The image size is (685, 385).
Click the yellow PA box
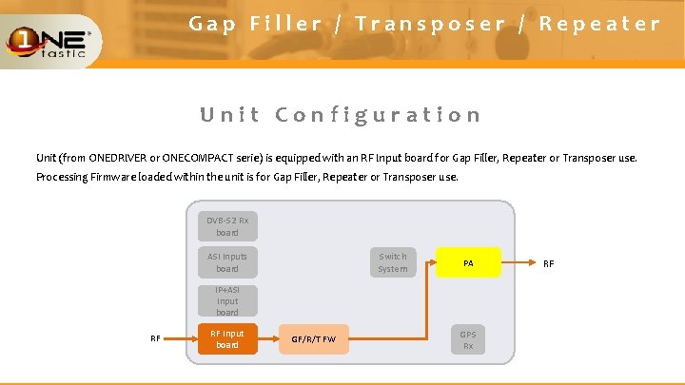click(x=468, y=262)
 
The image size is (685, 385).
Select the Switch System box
click(x=392, y=262)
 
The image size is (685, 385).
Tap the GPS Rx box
click(x=468, y=340)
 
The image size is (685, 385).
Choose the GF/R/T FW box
click(x=314, y=339)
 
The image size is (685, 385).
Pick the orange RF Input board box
click(x=226, y=338)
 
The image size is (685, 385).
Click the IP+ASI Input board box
click(x=226, y=300)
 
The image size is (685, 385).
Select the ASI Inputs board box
click(x=226, y=262)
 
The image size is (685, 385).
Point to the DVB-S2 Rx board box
click(x=226, y=226)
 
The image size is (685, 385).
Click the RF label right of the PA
click(x=548, y=263)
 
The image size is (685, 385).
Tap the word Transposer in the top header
click(x=430, y=24)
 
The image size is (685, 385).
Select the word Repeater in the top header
click(x=599, y=24)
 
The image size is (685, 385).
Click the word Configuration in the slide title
click(x=378, y=115)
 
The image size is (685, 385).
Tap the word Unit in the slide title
click(x=229, y=115)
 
